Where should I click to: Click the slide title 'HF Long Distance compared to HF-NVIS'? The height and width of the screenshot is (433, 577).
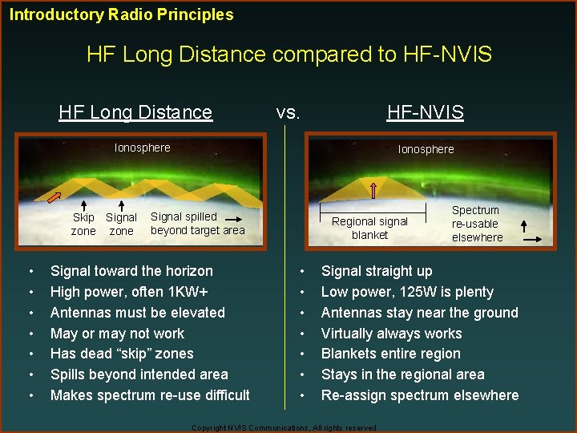288,55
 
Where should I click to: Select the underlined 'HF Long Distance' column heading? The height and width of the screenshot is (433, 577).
135,112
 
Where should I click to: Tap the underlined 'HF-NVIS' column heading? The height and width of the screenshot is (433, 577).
425,112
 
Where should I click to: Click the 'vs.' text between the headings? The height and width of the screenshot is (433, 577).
288,112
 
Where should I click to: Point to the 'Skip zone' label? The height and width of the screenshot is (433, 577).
83,225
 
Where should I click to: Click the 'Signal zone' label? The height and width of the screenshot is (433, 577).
121,225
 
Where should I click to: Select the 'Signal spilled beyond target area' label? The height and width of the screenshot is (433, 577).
197,223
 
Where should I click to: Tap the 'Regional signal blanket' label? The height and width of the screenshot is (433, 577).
369,228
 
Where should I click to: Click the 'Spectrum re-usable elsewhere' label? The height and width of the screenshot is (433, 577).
477,224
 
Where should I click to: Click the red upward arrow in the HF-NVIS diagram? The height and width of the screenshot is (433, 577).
373,189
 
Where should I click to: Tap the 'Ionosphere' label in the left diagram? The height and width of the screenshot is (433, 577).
142,148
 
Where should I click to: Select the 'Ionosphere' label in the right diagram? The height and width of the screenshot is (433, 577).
426,149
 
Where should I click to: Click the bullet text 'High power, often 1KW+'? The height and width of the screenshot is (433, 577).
129,292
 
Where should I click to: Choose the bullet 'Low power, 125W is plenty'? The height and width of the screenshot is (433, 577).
406,292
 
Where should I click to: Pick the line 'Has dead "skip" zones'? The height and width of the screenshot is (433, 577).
122,354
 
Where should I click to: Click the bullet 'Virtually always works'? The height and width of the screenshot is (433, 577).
391,334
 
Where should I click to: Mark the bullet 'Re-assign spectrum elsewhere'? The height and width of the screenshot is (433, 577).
419,395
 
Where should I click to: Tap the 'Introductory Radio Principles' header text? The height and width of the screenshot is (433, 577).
122,14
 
